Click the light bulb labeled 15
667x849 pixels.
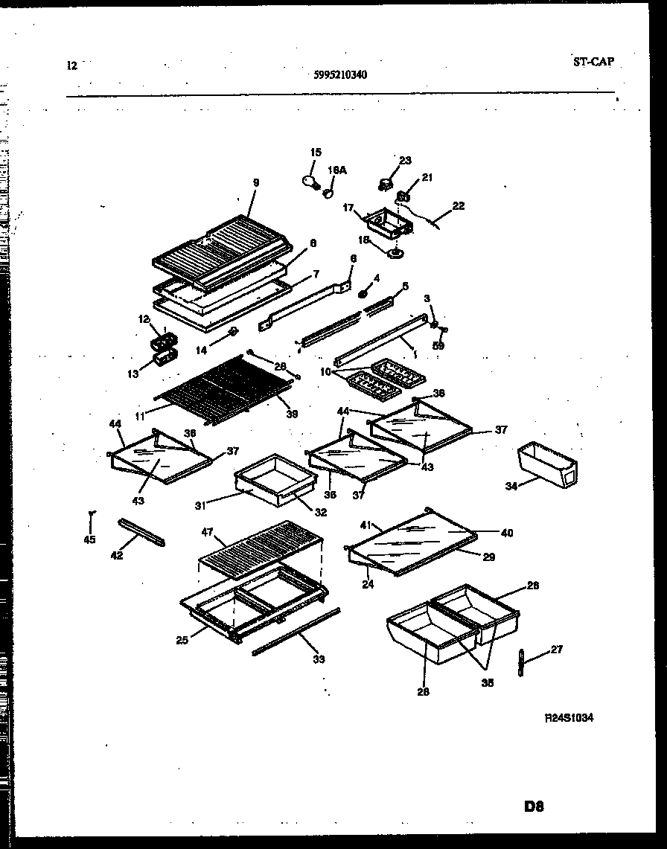tap(309, 180)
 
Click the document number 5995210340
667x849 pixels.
tap(339, 74)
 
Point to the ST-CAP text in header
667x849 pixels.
tap(594, 62)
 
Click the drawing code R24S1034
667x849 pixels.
tap(569, 717)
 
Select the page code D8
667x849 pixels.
tap(534, 807)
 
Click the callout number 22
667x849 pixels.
tap(458, 206)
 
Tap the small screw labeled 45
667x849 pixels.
tap(91, 515)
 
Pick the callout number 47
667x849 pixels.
tap(207, 533)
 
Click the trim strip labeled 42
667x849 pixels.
tap(141, 532)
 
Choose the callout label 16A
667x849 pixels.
tap(337, 170)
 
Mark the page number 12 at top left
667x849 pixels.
tap(71, 65)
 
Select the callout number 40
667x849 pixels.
tap(507, 533)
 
